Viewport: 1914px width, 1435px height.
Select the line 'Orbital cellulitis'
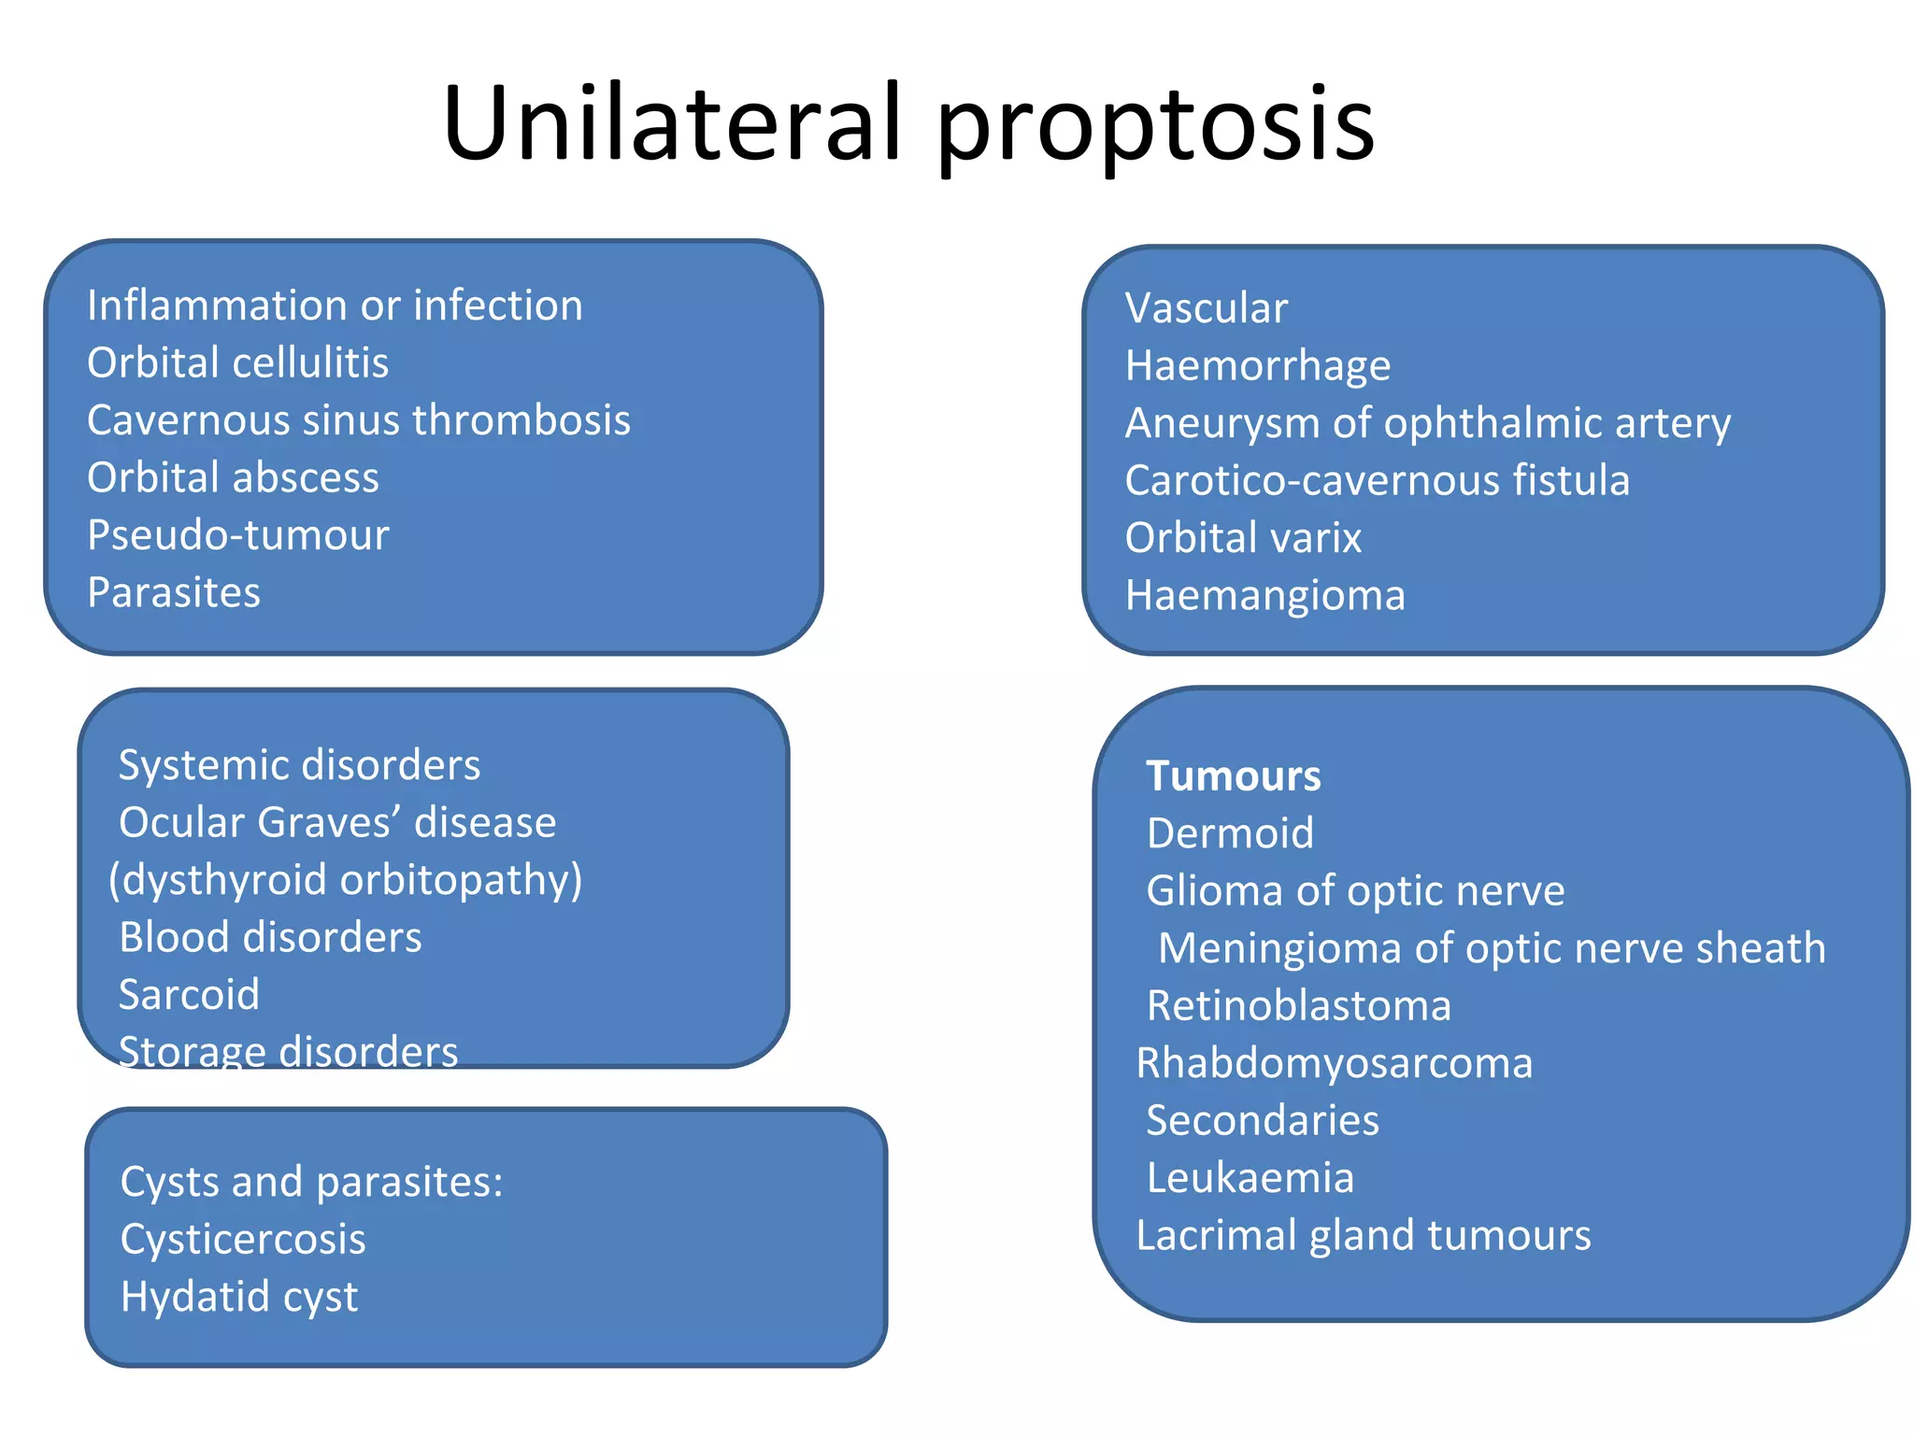click(x=237, y=362)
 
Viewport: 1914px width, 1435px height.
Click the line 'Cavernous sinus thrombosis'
click(x=359, y=420)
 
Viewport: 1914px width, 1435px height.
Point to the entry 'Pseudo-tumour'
click(x=237, y=535)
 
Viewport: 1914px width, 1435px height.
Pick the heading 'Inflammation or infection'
click(x=335, y=305)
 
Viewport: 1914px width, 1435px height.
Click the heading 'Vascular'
click(x=1206, y=308)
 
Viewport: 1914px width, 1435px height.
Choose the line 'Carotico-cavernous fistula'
click(x=1377, y=480)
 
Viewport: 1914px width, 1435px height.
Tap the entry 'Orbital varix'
click(x=1243, y=538)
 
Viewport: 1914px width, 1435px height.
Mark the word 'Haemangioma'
click(x=1264, y=595)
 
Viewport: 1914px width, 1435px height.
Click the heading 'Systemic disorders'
click(x=299, y=765)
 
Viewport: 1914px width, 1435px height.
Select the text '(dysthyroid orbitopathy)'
click(x=346, y=880)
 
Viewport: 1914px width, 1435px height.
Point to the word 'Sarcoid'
click(x=189, y=994)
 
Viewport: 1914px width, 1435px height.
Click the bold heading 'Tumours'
click(x=1234, y=776)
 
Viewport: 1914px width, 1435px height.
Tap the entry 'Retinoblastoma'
click(x=1298, y=1006)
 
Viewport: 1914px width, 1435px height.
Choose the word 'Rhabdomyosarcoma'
click(x=1334, y=1063)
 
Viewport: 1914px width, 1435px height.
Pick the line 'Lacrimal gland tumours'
click(x=1363, y=1235)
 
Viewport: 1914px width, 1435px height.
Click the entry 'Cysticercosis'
click(x=243, y=1240)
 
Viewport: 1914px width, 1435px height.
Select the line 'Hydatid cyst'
click(x=239, y=1297)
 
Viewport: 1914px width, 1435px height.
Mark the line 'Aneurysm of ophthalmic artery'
click(x=1427, y=423)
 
